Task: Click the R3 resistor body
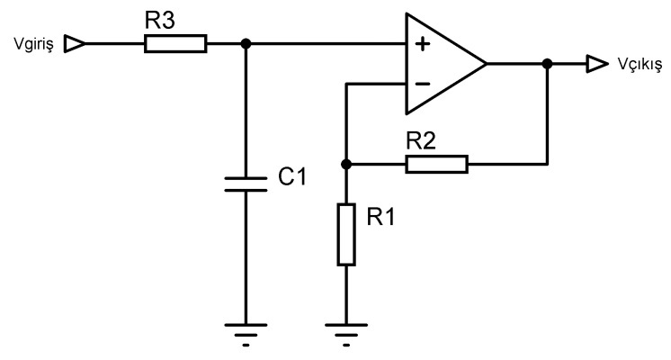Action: (175, 43)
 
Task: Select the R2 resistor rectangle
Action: (436, 164)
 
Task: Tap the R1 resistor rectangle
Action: (346, 234)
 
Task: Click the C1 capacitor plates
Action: (245, 184)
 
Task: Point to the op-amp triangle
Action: (441, 64)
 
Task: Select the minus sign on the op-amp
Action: (420, 85)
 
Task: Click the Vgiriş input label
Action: (31, 44)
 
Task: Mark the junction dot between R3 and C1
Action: (245, 43)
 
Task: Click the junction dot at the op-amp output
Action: (547, 64)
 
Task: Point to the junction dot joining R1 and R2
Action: (346, 164)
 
